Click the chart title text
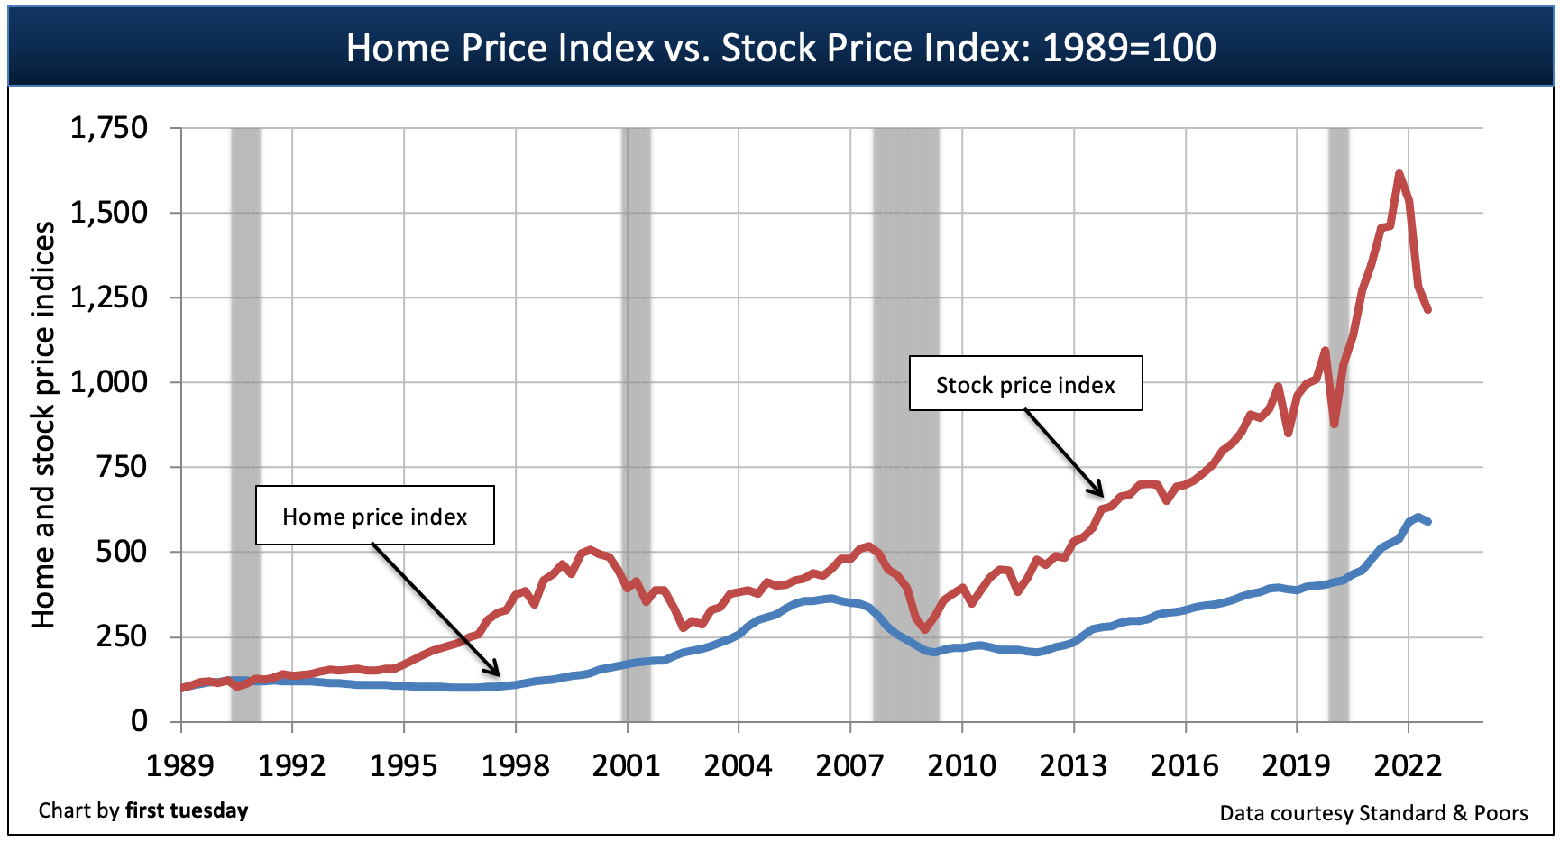781,48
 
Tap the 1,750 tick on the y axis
109,128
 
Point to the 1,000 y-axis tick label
109,382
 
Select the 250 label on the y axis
122,636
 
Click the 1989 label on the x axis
180,766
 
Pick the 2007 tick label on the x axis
849,766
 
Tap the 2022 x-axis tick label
1408,766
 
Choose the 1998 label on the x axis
515,766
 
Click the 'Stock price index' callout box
1025,384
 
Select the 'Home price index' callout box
374,516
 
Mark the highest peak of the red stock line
1399,173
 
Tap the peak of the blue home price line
1418,517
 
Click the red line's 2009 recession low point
924,628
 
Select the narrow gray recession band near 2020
1338,424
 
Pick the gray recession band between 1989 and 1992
245,424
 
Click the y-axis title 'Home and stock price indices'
43,425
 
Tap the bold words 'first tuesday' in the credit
187,810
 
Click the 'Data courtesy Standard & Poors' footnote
1373,813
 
